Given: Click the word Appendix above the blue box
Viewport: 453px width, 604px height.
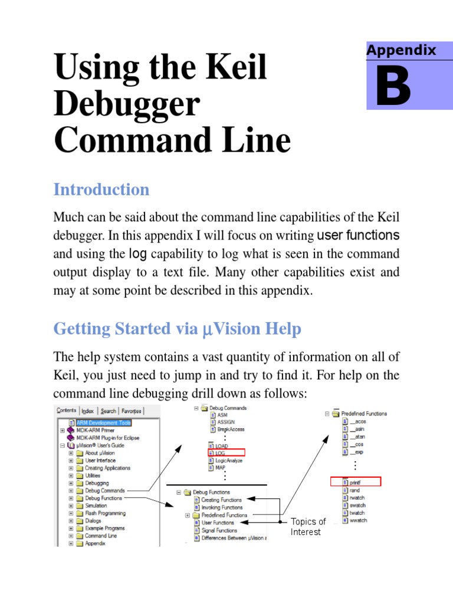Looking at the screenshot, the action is (x=401, y=50).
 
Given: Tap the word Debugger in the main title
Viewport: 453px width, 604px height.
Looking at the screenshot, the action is (x=127, y=104).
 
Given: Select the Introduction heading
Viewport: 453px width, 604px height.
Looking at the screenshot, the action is (x=101, y=190).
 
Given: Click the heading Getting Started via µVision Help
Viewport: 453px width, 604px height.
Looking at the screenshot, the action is (x=177, y=329).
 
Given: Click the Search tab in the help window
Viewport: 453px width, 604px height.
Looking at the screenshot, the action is (x=108, y=411).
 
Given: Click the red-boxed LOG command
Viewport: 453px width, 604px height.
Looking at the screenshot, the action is (x=221, y=452).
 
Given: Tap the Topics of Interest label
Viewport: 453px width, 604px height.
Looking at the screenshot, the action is (x=307, y=527).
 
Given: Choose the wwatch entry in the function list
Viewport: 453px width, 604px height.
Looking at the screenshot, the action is (x=357, y=521).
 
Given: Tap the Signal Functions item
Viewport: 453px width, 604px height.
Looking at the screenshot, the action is (x=219, y=530).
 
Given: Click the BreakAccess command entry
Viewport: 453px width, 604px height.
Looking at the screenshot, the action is (x=231, y=429).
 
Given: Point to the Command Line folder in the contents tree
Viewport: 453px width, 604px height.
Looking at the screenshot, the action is (x=100, y=536).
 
